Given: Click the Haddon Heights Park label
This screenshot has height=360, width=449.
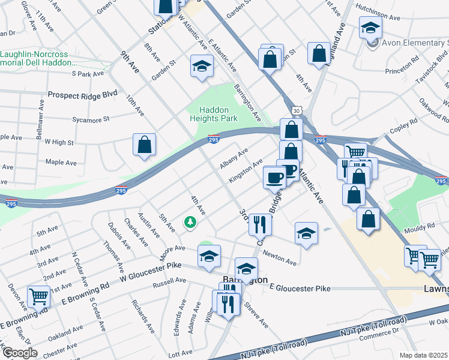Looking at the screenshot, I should click(x=219, y=113).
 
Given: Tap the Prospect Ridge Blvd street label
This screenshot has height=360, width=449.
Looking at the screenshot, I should click(x=83, y=95).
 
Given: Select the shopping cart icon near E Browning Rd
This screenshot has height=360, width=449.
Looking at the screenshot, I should click(x=39, y=296).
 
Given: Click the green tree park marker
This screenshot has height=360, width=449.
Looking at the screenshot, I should click(x=191, y=223).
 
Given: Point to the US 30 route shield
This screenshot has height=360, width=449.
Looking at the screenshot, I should click(x=297, y=110).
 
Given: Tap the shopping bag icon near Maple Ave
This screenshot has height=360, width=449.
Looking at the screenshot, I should click(x=144, y=145).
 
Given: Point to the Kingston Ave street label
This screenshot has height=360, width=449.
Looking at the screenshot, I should click(x=245, y=172).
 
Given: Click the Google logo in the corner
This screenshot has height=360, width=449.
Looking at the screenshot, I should click(x=19, y=352).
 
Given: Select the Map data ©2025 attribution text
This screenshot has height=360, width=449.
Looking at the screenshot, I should click(x=423, y=355).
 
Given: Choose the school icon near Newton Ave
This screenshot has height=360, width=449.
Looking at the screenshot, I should click(x=306, y=233).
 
